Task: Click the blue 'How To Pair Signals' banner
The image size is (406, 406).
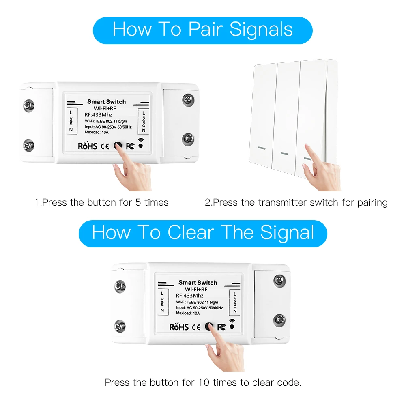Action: pyautogui.click(x=203, y=30)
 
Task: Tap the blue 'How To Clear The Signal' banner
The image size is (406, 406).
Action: pyautogui.click(x=203, y=234)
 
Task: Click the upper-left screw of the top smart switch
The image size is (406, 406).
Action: pyautogui.click(x=29, y=105)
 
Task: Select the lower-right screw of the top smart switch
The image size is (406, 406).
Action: pyautogui.click(x=188, y=139)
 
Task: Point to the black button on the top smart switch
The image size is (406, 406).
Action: pyautogui.click(x=118, y=146)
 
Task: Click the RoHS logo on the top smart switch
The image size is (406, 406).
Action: pyautogui.click(x=88, y=146)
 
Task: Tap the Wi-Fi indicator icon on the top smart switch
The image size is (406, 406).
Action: pyautogui.click(x=141, y=143)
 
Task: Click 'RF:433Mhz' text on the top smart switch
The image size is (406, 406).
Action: pyautogui.click(x=99, y=115)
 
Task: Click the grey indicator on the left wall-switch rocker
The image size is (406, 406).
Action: pyautogui.click(x=262, y=148)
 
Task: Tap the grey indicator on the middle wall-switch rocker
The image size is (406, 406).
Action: pyautogui.click(x=284, y=153)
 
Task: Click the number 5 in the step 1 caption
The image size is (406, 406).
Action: pyautogui.click(x=138, y=202)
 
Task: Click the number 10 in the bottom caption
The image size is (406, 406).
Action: pyautogui.click(x=204, y=382)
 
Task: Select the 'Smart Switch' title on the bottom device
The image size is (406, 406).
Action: pyautogui.click(x=198, y=283)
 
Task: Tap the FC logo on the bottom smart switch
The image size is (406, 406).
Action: pyautogui.click(x=221, y=327)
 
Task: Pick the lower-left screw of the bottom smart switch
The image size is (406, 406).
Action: pyautogui.click(x=120, y=326)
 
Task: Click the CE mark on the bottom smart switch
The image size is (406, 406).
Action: pyautogui.click(x=196, y=327)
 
